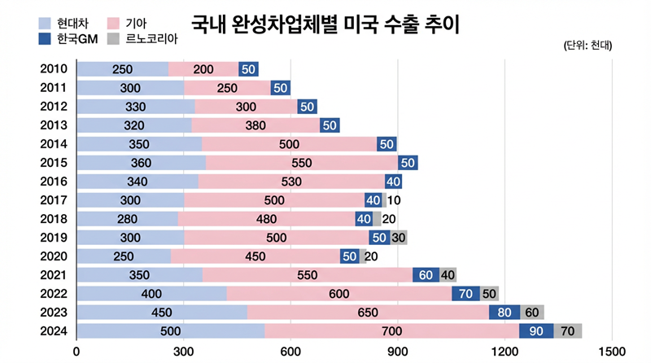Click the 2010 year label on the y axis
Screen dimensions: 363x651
[54, 69]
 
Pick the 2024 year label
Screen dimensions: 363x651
[54, 331]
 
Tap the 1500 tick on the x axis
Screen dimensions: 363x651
[611, 352]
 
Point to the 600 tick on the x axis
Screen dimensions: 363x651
[290, 352]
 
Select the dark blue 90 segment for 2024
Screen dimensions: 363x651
[536, 331]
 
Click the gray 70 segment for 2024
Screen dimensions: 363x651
[567, 331]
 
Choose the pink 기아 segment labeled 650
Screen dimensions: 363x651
[368, 313]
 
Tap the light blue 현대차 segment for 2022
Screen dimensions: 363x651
[151, 294]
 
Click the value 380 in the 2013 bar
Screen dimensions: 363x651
[301, 125]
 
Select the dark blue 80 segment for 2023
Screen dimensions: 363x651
[504, 313]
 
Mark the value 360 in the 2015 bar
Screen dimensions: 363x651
[140, 163]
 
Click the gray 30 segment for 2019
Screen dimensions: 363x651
[399, 238]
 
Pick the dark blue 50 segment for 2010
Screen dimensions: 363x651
[248, 69]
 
